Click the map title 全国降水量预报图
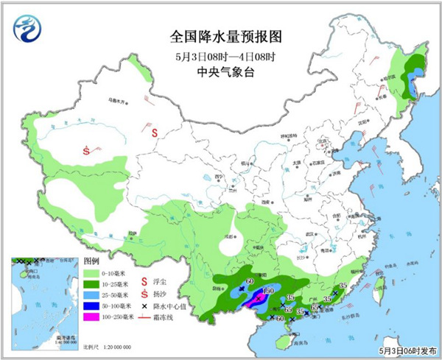point(221,35)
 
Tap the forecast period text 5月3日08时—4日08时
point(220,55)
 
